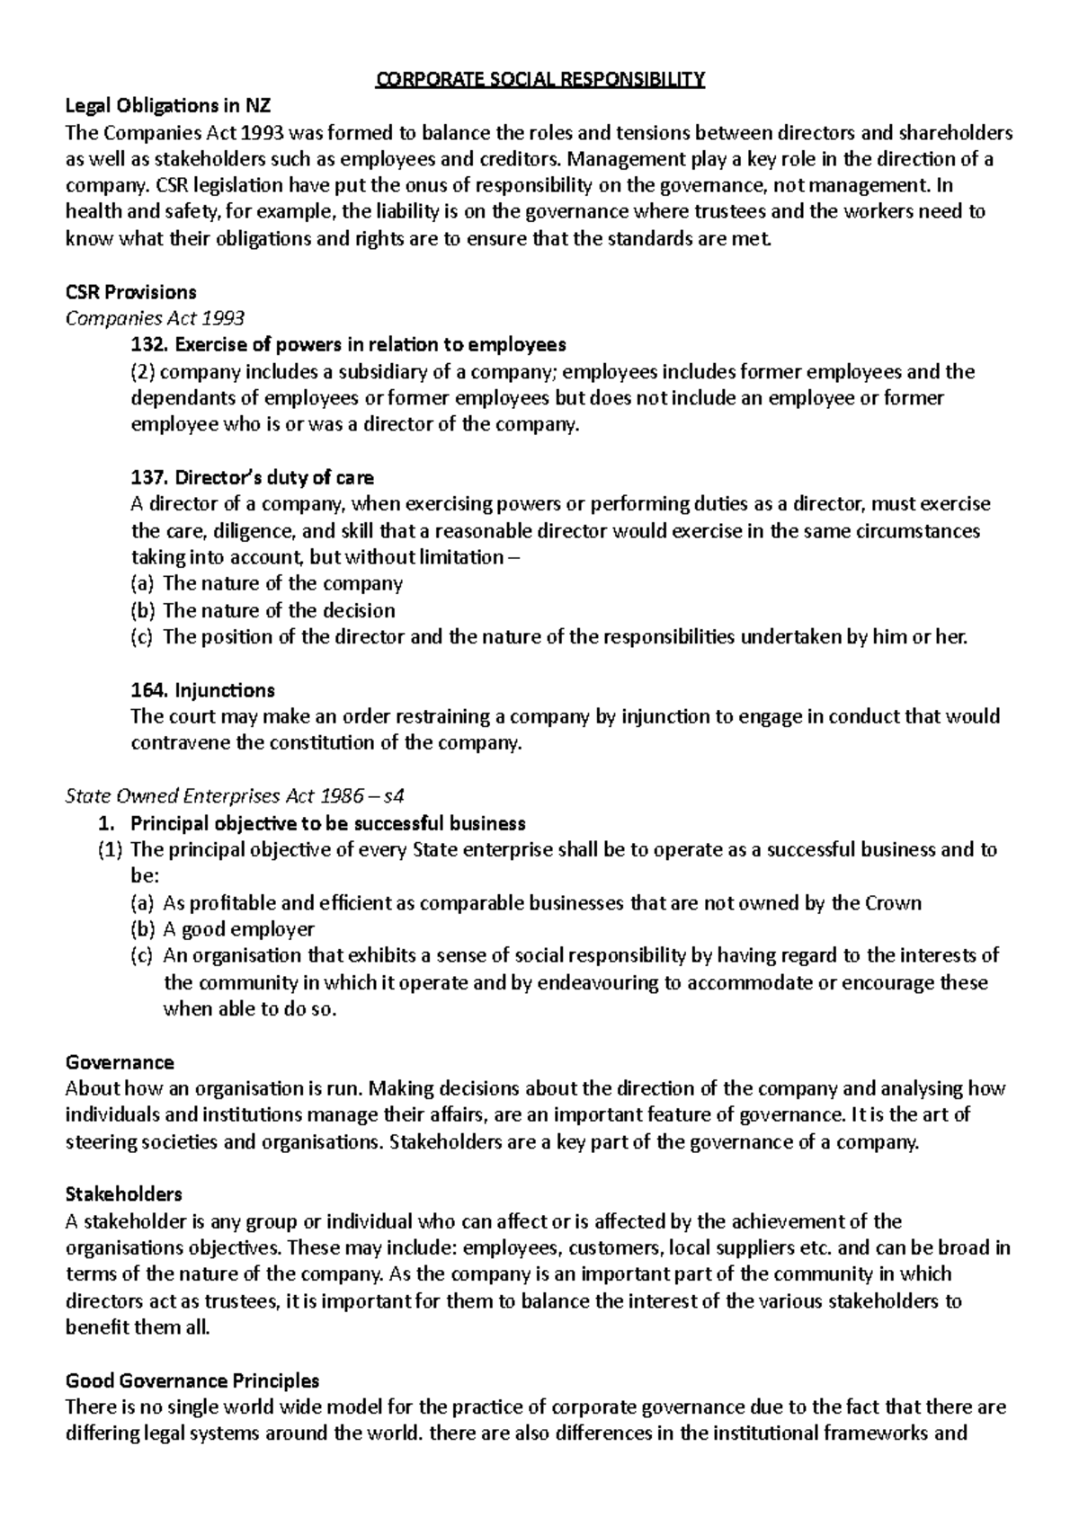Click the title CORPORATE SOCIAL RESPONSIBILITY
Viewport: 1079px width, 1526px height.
pos(539,80)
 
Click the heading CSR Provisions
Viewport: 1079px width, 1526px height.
pos(131,292)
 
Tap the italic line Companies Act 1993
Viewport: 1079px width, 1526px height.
pos(156,318)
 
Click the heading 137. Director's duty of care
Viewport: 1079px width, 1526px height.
pos(252,477)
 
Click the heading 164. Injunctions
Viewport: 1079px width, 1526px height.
pos(202,690)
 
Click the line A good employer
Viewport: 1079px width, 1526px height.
pos(238,929)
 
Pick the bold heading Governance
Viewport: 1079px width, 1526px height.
pos(120,1062)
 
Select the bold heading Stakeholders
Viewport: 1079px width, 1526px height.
pos(124,1194)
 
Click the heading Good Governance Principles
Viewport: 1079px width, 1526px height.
pos(192,1380)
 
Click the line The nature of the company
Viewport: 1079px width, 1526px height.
pos(282,584)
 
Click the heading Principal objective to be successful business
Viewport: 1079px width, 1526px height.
pos(327,823)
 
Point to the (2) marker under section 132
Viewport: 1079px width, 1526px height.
pos(143,372)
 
